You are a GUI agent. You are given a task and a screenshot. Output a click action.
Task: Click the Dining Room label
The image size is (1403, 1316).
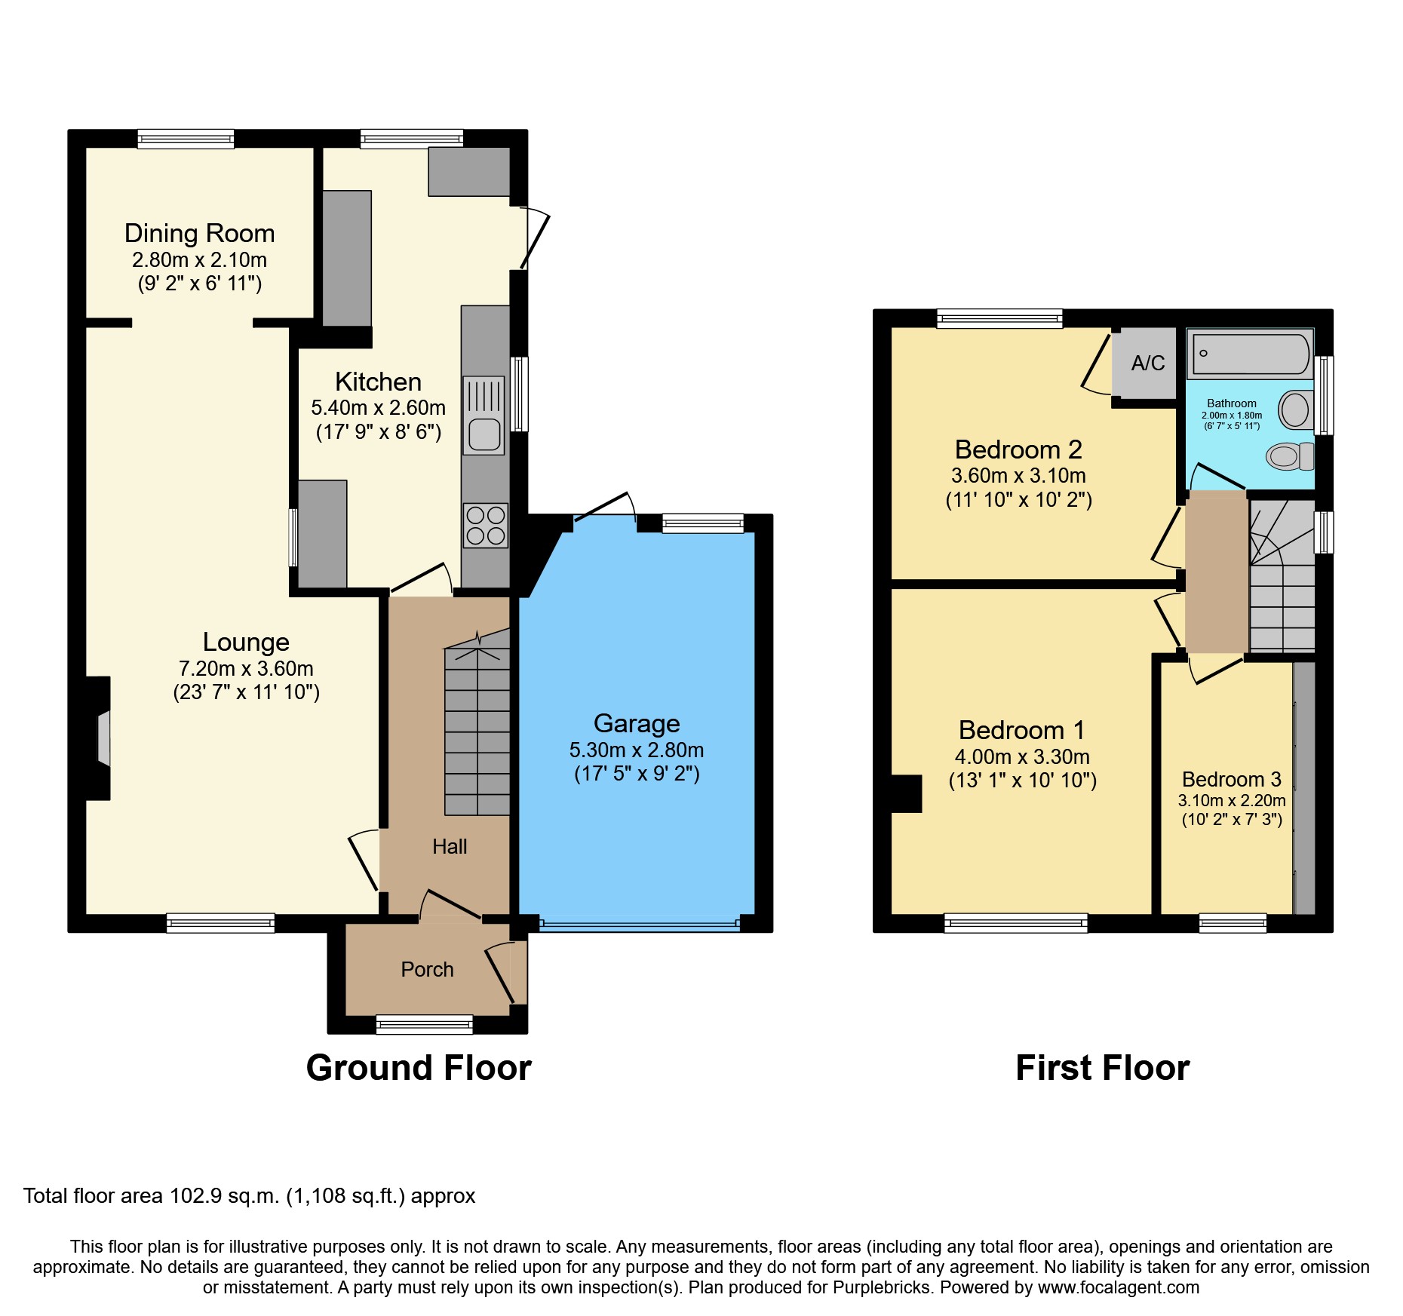click(x=199, y=234)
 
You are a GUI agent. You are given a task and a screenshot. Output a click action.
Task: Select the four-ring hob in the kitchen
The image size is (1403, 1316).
click(x=485, y=526)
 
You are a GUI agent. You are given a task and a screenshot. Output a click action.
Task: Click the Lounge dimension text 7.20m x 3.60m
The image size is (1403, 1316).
click(x=246, y=669)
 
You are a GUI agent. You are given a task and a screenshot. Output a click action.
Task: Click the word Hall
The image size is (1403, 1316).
click(x=450, y=847)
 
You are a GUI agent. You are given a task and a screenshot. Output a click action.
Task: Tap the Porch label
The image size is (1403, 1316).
click(x=427, y=970)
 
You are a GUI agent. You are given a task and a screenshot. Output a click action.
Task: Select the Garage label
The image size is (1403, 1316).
click(x=637, y=724)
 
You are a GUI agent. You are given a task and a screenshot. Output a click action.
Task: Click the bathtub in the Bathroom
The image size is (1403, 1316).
click(x=1251, y=354)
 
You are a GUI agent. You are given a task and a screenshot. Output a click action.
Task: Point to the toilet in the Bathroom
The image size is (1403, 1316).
click(x=1289, y=456)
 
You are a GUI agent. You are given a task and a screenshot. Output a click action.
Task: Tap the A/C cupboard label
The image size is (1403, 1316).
click(x=1147, y=364)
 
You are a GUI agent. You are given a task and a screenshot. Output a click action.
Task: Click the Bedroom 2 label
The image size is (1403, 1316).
click(x=1018, y=450)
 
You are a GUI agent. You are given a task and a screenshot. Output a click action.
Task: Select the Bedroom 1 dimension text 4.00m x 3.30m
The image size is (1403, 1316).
click(x=1022, y=757)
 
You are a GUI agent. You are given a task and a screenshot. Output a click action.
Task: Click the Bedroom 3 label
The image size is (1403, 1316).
click(x=1231, y=780)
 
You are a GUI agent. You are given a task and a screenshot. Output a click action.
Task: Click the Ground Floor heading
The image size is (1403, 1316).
click(x=419, y=1069)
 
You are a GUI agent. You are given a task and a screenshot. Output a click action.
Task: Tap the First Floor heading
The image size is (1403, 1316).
click(x=1102, y=1069)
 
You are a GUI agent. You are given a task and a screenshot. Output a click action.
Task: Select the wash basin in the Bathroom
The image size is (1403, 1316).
click(x=1296, y=410)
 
